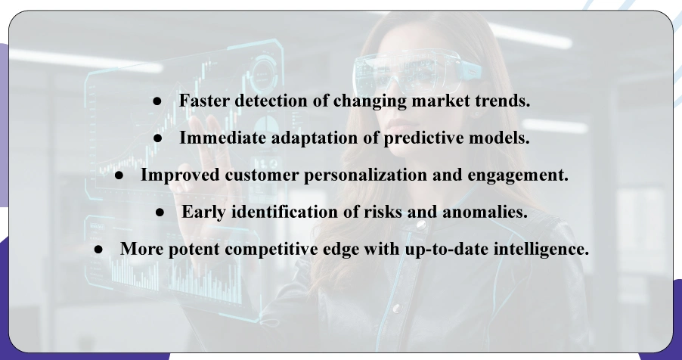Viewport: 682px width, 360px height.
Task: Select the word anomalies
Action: coord(486,212)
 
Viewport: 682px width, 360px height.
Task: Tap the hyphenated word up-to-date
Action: coord(430,248)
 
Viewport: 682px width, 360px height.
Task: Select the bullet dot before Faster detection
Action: coord(157,102)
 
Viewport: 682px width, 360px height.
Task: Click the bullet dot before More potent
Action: coord(98,249)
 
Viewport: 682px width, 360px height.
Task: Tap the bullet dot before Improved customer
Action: coord(119,175)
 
